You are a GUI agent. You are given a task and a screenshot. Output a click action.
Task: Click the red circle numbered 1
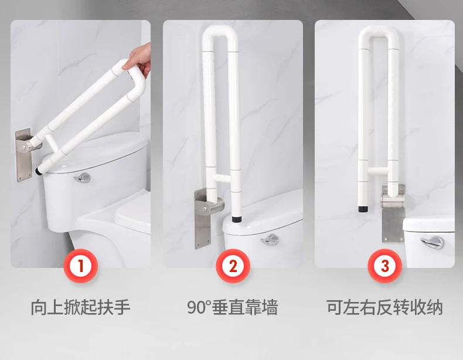click(x=80, y=266)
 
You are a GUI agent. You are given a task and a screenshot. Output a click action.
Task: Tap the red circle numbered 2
click(x=233, y=266)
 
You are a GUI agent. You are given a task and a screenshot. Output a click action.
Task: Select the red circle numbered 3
click(x=384, y=266)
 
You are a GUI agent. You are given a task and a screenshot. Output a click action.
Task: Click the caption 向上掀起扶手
click(x=80, y=307)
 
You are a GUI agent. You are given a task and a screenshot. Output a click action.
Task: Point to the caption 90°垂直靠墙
click(x=233, y=307)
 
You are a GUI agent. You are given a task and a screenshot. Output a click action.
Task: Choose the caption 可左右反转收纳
click(x=384, y=307)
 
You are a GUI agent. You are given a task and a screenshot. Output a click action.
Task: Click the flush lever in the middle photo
click(x=271, y=239)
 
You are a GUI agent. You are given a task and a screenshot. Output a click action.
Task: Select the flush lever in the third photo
click(x=431, y=241)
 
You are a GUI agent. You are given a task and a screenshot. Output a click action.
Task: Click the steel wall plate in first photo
click(x=24, y=154)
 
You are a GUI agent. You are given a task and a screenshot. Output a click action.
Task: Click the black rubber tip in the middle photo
click(x=238, y=219)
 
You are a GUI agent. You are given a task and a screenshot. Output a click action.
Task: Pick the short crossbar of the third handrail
click(x=379, y=171)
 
